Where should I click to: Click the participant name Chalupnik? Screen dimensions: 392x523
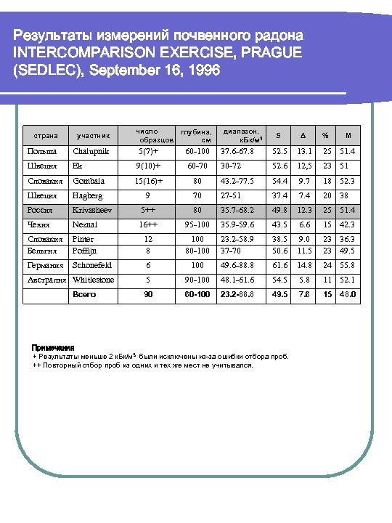coord(91,151)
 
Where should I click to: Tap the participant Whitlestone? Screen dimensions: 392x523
coord(94,280)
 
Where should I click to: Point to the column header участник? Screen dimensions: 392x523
coord(94,134)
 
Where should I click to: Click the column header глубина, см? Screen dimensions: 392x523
coord(195,134)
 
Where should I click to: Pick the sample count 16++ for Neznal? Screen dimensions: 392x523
coord(148,224)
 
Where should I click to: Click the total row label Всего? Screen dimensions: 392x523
coord(85,295)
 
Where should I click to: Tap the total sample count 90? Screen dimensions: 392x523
coord(148,295)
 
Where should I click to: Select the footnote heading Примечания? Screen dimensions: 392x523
coord(54,348)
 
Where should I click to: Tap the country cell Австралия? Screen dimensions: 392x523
coord(47,280)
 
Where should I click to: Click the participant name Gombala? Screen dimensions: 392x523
coord(89,181)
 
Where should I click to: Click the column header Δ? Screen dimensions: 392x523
coord(303,134)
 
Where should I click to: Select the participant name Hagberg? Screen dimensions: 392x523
coord(89,195)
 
